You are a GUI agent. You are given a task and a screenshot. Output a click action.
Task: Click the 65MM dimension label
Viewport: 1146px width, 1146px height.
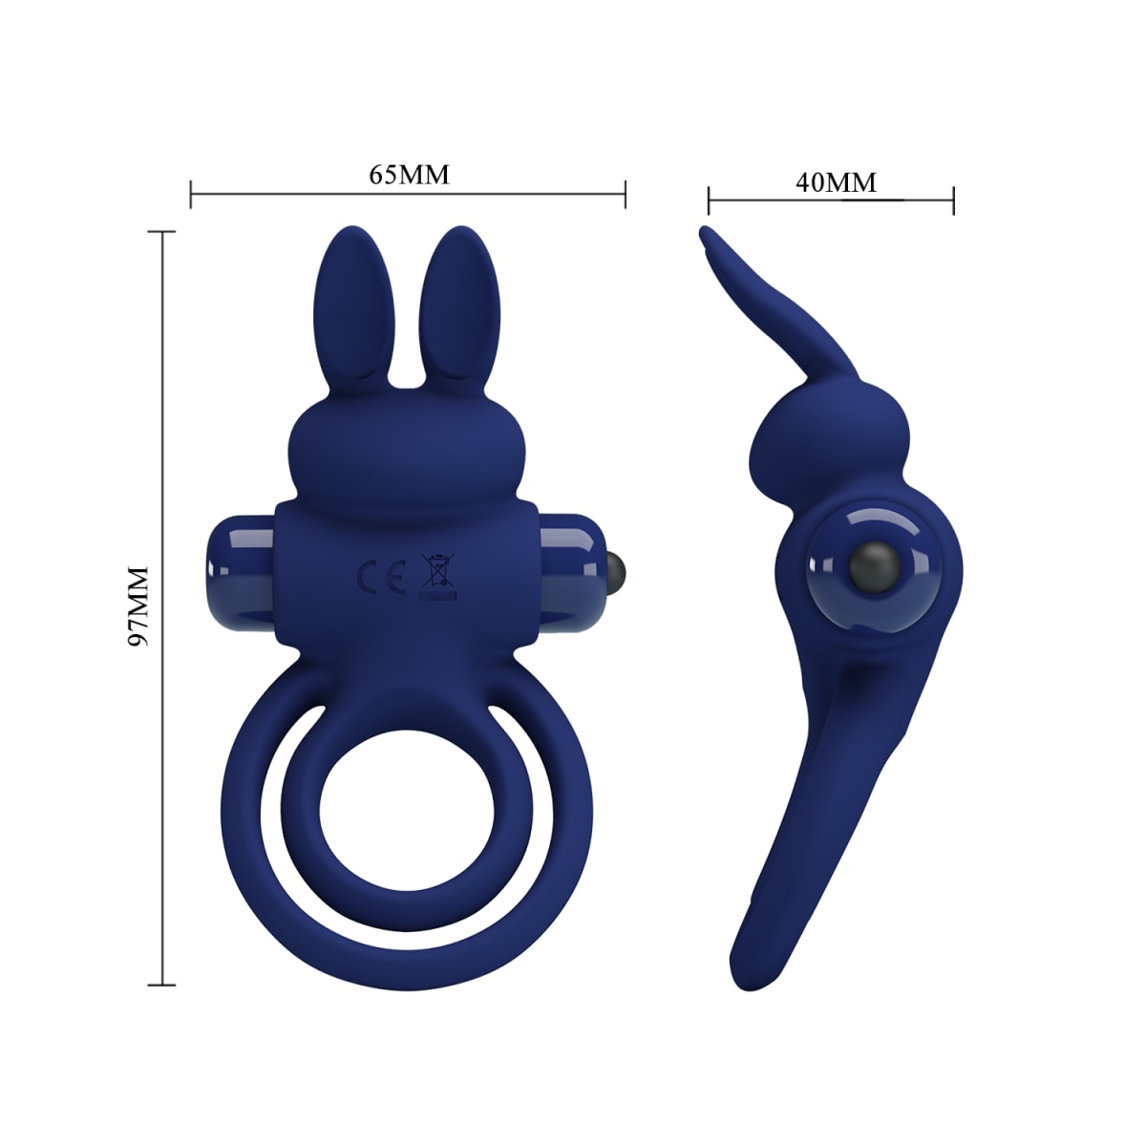409,175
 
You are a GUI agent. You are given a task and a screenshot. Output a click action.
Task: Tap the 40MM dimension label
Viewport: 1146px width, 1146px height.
836,181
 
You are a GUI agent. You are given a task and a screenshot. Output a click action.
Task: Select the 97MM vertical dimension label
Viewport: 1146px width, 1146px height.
139,606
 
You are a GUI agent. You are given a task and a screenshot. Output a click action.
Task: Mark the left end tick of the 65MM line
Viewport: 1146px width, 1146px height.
192,193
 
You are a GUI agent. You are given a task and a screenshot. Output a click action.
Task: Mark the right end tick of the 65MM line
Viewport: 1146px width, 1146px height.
625,193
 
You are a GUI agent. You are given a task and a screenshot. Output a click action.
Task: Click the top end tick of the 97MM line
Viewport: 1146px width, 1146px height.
162,231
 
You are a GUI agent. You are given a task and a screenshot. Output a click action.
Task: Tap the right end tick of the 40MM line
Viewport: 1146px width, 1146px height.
953,201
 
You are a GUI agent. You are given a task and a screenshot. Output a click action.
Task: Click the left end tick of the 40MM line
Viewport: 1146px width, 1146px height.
709,201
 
